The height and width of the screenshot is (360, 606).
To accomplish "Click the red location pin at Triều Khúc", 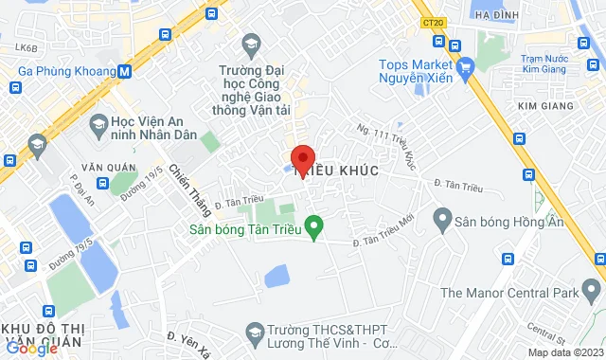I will tap(302, 158).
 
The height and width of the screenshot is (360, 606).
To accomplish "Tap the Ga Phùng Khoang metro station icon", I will tap(125, 70).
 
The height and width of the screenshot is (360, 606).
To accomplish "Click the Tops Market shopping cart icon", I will tap(464, 69).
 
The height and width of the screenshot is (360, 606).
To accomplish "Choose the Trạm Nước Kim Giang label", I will tap(550, 63).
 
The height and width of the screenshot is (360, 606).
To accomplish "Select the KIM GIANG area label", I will tap(547, 105).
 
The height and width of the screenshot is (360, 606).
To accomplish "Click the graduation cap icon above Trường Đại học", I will tap(251, 44).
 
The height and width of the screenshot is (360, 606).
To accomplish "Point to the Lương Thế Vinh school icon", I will tap(254, 333).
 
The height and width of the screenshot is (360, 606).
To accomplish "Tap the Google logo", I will tap(31, 349).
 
